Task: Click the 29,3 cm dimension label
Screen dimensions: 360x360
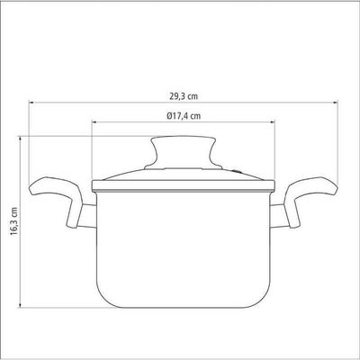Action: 184,96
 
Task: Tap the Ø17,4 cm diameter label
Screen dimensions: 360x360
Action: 184,115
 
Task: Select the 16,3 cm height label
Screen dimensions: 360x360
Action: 14,220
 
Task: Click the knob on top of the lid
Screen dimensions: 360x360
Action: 184,153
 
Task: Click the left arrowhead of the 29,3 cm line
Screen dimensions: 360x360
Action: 31,103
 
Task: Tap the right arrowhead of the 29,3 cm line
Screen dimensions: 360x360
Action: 336,103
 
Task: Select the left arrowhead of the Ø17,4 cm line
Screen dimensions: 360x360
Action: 94,121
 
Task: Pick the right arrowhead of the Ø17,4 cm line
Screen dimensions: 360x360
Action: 273,121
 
